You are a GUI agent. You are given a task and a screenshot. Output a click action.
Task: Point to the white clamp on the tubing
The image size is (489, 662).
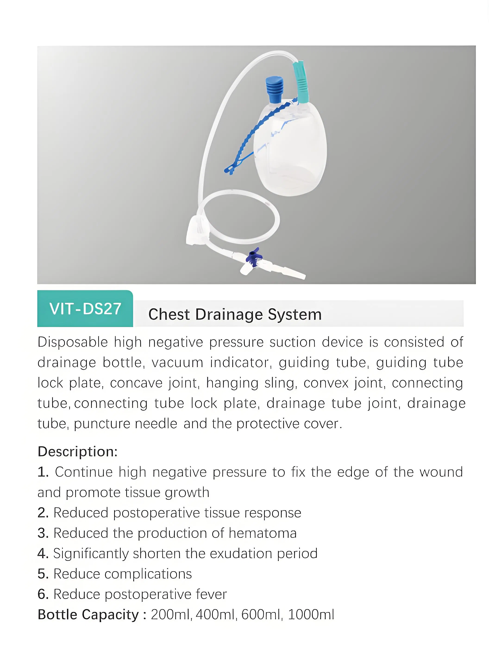point(197,231)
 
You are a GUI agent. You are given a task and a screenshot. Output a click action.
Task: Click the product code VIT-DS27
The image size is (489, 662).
point(85,309)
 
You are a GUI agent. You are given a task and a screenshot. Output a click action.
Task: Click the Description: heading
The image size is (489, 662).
point(78,452)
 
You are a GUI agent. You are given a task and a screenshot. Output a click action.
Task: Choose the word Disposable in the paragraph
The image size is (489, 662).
point(73,342)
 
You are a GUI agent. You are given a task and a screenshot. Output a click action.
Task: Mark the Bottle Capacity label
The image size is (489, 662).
point(88,615)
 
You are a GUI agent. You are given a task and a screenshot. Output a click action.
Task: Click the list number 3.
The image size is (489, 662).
point(43,533)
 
